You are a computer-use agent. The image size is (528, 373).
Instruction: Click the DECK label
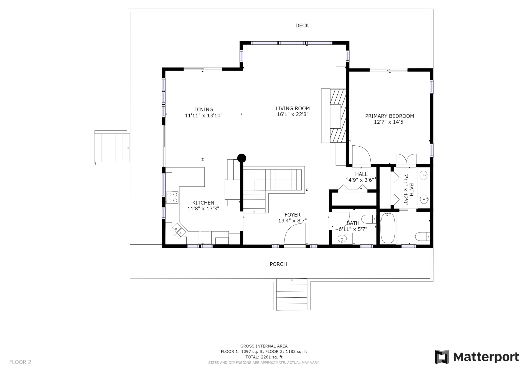coord(302,26)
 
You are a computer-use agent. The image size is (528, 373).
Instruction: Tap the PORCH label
coord(278,264)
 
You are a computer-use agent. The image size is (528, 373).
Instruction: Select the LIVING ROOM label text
coord(292,108)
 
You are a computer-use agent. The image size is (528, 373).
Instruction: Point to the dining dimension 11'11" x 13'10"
coord(204,116)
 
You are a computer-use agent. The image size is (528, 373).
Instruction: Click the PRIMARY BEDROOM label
coord(389,116)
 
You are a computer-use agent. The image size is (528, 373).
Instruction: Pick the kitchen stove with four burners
coord(172,197)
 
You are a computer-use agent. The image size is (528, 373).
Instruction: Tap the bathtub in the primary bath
coord(388,228)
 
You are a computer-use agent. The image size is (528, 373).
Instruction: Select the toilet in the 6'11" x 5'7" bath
coord(369,219)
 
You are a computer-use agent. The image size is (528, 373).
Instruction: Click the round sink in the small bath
coord(342,239)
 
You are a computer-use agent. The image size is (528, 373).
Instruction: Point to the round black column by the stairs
coord(241,158)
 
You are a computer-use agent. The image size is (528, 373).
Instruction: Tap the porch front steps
coord(292,294)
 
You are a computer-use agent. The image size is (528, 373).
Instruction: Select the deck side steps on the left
coord(112,148)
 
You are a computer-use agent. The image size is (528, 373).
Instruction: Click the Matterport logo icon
coord(442,357)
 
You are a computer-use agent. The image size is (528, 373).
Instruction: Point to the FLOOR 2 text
coord(20,362)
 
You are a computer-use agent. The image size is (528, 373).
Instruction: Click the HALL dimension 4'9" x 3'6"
coord(361,180)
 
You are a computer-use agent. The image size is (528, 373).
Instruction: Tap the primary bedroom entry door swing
coord(361,155)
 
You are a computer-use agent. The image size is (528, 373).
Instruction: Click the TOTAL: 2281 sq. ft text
coord(264,357)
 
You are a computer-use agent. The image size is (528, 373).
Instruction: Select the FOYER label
coord(292,215)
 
